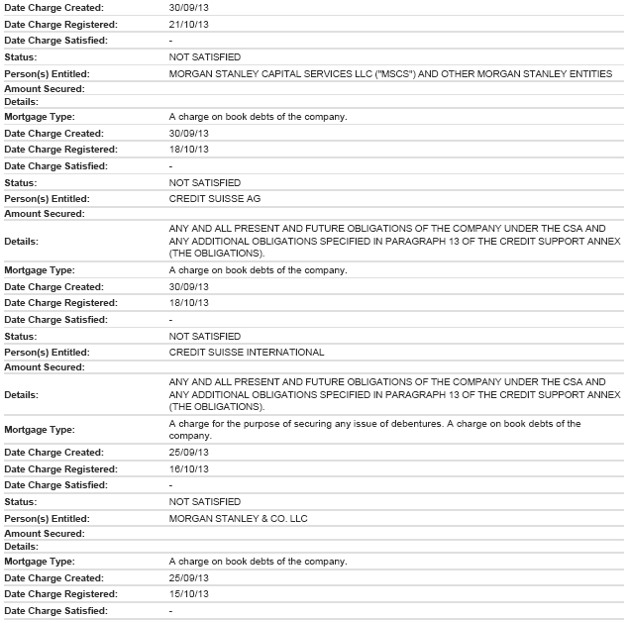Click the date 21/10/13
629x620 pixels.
tap(189, 23)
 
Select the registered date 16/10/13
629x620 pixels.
tap(189, 468)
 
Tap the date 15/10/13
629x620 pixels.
tap(189, 594)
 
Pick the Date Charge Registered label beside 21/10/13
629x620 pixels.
tap(60, 23)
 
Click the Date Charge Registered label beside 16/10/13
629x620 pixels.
tap(60, 468)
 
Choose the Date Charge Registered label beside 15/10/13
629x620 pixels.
tap(60, 594)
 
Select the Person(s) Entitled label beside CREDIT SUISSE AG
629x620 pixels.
tap(47, 198)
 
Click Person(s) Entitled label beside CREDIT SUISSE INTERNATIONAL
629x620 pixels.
tap(47, 352)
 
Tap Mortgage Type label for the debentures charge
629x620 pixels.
tap(39, 430)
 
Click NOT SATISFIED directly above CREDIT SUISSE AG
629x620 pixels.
tap(205, 182)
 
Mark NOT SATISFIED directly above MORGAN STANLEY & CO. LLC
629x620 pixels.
tap(205, 502)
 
